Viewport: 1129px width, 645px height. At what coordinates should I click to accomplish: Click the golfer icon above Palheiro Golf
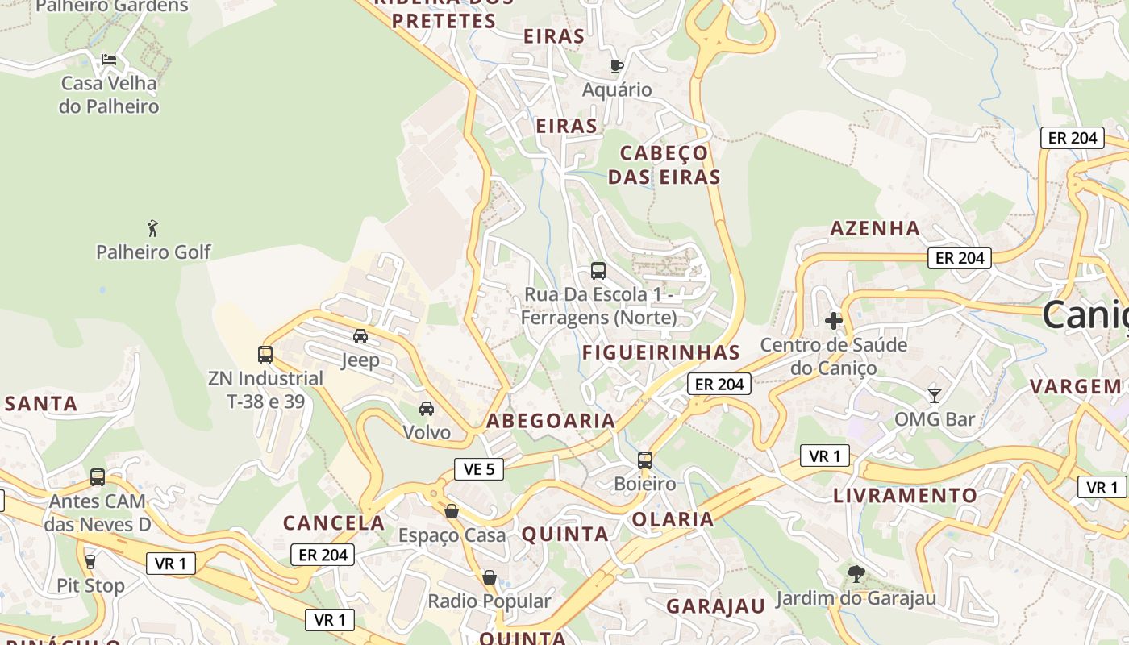point(152,228)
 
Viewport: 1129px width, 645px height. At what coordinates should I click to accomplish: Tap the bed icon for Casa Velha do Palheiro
point(109,60)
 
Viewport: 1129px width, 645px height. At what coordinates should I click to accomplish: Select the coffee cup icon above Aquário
point(617,66)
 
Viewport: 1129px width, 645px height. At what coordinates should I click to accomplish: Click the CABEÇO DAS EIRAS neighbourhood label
point(664,164)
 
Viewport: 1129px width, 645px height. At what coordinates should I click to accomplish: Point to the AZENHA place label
point(875,228)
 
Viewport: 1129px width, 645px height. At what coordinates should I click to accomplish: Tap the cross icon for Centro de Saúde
point(834,321)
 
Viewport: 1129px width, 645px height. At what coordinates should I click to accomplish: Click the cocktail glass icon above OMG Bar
point(934,395)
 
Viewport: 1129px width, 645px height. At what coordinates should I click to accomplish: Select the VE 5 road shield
point(479,468)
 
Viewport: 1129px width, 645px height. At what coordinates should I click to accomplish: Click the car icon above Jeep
point(360,335)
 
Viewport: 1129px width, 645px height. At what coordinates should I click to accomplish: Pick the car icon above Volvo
point(427,409)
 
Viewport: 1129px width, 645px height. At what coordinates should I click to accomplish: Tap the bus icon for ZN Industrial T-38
point(265,354)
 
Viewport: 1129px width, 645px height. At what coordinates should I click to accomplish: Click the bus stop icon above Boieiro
point(645,460)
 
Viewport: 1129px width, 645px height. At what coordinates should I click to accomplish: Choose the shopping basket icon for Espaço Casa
point(452,511)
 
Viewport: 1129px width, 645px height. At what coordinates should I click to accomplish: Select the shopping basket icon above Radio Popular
point(489,577)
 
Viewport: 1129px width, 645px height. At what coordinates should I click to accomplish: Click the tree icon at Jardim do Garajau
point(856,574)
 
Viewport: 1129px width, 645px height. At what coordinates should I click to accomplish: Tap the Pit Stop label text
point(90,585)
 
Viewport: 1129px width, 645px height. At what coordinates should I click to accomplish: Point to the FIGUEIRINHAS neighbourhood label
point(661,352)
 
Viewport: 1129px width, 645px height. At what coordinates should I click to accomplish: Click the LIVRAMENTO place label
point(905,495)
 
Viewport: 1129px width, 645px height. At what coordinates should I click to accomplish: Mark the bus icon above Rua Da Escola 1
point(598,271)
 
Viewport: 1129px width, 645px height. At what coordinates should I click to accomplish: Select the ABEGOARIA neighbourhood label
point(551,420)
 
